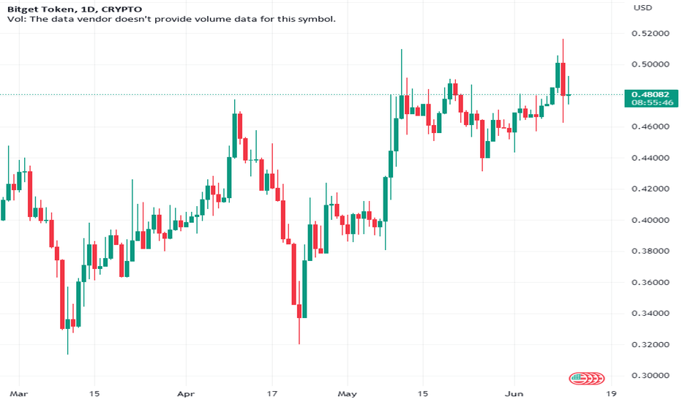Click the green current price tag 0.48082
(648, 94)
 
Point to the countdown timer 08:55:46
(648, 104)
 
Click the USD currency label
(642, 8)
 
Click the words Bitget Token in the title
(36, 8)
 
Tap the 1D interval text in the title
(83, 8)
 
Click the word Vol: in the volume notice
(15, 20)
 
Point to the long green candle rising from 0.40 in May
(386, 198)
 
